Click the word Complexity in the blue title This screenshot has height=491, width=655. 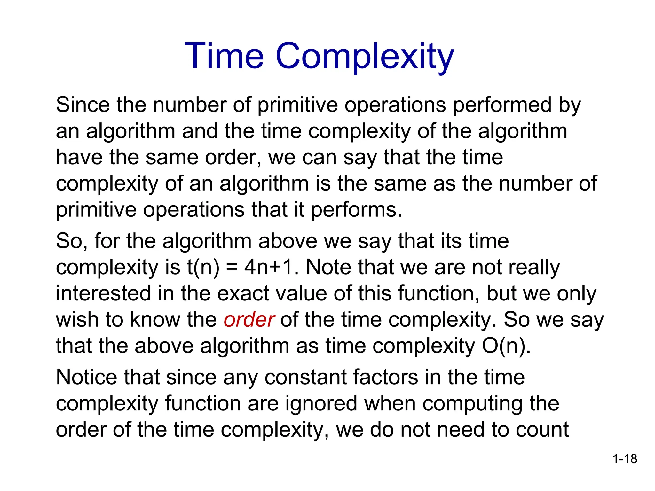click(365, 58)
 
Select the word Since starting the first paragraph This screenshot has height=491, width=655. click(83, 105)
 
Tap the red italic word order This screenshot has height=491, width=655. click(249, 320)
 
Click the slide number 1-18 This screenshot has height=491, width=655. click(625, 459)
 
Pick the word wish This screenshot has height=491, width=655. click(77, 320)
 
